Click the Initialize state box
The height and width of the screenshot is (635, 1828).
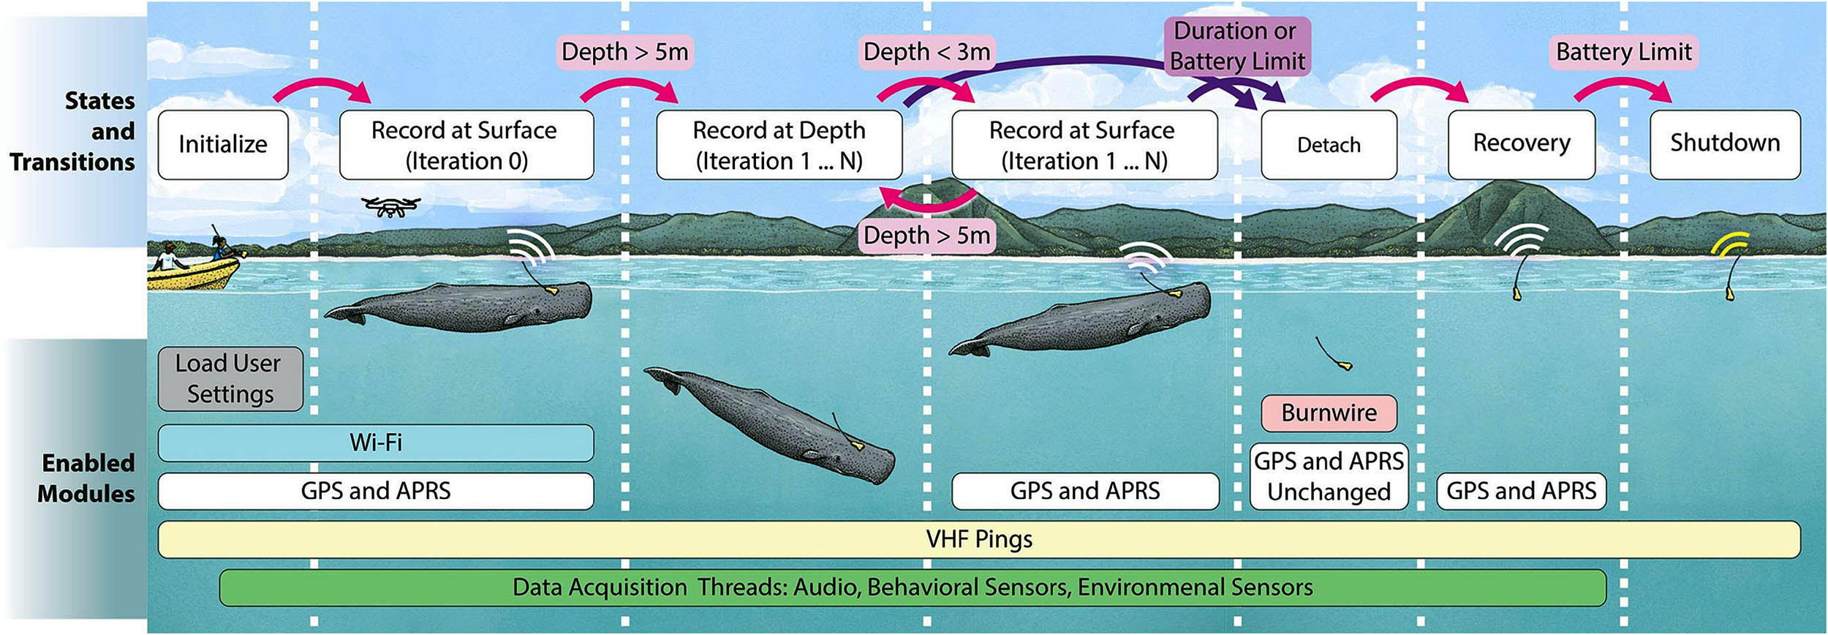coord(223,144)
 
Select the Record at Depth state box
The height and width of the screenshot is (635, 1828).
coord(779,145)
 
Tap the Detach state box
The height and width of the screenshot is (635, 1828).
coord(1329,145)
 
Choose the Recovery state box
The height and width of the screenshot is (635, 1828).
coord(1521,144)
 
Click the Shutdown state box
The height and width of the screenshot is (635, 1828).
coord(1725,144)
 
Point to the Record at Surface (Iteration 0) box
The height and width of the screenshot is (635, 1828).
coord(466,145)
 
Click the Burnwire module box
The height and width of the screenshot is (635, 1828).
coord(1329,413)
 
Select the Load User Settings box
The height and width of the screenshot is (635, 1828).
coord(230,378)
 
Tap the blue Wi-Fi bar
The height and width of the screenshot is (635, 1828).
coord(376,443)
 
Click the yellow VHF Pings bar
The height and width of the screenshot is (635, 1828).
coord(978,539)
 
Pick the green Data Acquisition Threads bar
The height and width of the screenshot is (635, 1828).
coord(912,587)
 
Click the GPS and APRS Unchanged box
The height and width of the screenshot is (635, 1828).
coord(1329,476)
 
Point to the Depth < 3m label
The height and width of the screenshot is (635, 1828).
coord(926,52)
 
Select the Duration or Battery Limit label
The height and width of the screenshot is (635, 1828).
coord(1237,46)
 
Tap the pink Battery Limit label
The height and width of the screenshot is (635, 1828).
coord(1623,52)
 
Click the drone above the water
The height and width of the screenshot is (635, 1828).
coord(391,206)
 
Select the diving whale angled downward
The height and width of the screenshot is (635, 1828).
coord(775,424)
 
